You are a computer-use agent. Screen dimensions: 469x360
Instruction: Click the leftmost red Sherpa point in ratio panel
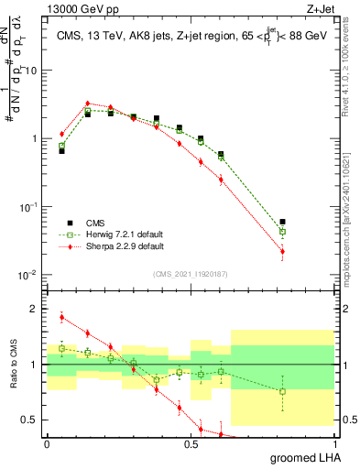click(61, 317)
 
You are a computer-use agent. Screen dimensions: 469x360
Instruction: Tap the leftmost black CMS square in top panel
click(61, 150)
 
